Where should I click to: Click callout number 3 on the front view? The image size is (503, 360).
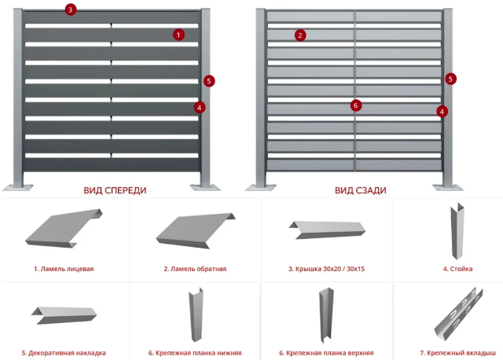point(71,9)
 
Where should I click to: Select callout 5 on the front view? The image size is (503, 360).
point(208,80)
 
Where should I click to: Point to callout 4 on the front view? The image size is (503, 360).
point(200,107)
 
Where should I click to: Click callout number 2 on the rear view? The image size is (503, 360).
point(300,35)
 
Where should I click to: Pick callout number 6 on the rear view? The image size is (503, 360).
point(355,105)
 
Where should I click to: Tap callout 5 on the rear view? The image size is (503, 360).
point(450,79)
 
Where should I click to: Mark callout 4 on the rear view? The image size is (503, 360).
point(442,112)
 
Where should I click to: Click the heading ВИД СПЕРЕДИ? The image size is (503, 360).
point(115,190)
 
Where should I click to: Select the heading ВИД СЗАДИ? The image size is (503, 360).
point(360,190)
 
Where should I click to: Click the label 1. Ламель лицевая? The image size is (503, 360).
point(64,268)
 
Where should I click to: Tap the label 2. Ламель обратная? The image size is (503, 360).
point(195,268)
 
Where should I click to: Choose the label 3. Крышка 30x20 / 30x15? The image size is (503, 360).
point(326,268)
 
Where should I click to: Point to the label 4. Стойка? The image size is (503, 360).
point(457,268)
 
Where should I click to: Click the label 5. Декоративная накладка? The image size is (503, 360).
point(64,353)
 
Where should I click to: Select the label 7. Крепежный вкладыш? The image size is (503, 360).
point(457,353)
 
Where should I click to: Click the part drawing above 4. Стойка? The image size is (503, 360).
point(457,231)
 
